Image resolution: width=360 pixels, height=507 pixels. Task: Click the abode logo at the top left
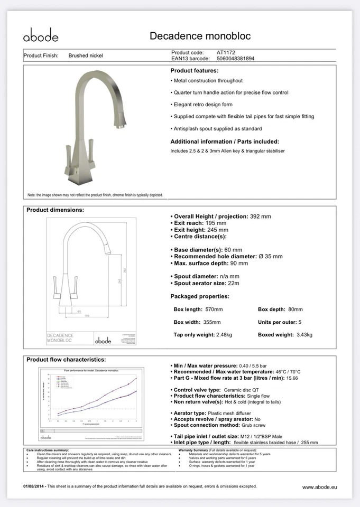coord(41,36)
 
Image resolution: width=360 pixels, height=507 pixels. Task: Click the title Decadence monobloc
coord(200,36)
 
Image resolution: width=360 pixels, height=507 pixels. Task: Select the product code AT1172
coord(226,53)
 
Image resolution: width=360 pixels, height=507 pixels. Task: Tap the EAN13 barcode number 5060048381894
coord(235,59)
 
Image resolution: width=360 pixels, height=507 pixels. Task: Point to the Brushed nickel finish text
coord(86,55)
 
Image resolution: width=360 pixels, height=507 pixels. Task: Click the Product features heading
coord(194,70)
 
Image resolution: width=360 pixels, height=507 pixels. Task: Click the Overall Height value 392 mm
coord(260,217)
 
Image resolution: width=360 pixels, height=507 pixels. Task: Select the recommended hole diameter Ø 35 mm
coord(270,256)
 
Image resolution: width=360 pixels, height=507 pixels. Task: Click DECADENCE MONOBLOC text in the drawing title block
coord(60,338)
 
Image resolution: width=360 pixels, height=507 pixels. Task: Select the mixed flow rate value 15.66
coord(293,378)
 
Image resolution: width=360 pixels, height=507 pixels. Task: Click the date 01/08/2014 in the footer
coord(34,486)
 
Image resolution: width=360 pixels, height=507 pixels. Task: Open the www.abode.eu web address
coord(319,487)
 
